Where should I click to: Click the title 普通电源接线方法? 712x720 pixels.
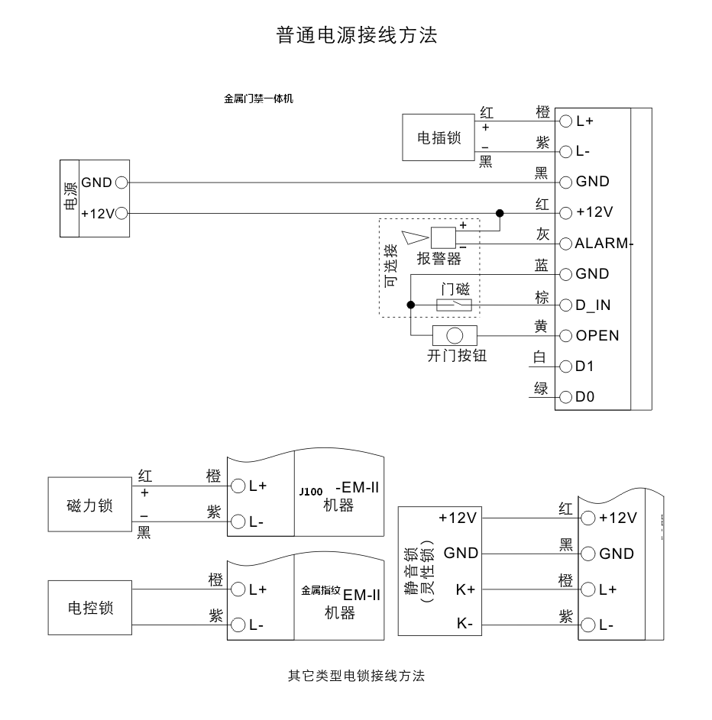356,35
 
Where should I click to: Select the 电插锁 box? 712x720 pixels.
439,137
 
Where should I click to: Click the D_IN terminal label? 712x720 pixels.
593,305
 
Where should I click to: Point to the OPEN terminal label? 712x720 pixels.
597,336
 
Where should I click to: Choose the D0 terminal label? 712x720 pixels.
584,398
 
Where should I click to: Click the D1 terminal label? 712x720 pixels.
584,366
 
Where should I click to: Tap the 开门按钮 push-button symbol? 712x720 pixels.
455,335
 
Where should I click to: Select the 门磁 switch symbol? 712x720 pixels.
453,305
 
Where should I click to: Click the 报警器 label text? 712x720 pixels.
439,259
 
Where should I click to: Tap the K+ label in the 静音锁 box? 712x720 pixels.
465,589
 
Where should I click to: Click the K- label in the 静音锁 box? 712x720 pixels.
465,624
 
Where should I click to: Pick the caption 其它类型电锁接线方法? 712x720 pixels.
355,676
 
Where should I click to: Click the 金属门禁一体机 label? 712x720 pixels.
258,98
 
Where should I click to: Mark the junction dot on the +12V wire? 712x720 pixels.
500,213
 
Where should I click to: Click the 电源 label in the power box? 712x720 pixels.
69,199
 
